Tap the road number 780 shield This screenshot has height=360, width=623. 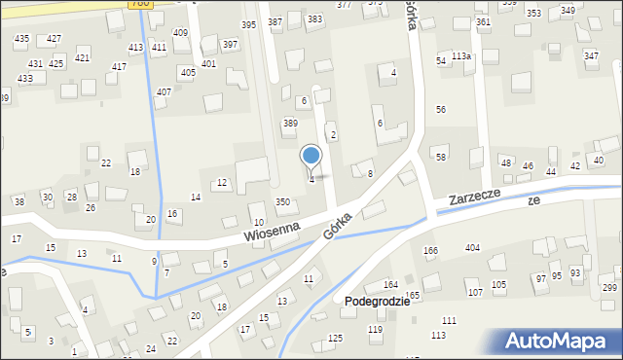click(x=138, y=4)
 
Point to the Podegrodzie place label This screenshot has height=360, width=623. click(x=377, y=302)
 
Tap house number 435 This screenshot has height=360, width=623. click(x=21, y=38)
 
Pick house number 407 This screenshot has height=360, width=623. click(x=164, y=91)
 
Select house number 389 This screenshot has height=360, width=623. click(x=289, y=123)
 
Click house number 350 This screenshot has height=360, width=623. click(x=282, y=201)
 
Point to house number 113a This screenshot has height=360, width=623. click(x=461, y=56)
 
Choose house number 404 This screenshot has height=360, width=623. click(x=472, y=248)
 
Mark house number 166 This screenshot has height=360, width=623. click(x=430, y=250)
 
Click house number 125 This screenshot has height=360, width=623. click(x=336, y=338)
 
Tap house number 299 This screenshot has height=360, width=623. click(x=609, y=288)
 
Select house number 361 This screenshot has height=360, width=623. click(x=483, y=21)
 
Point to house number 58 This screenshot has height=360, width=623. click(x=441, y=157)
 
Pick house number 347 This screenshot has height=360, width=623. click(x=591, y=55)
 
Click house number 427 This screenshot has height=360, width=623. click(x=54, y=38)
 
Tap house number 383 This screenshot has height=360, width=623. click(x=314, y=18)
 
